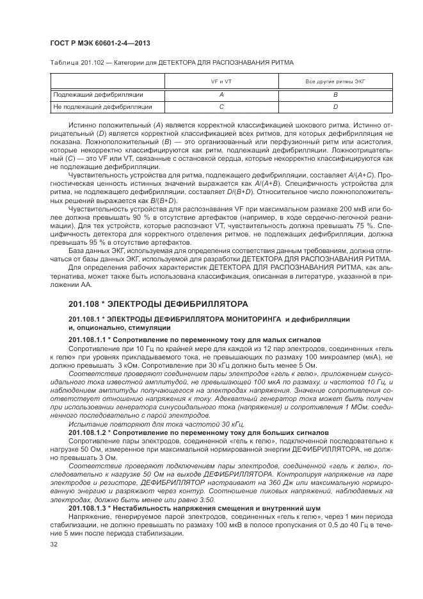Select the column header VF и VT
tap(221, 82)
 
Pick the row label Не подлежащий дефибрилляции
tap(103, 106)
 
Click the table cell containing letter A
tap(221, 94)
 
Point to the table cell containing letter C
tap(221, 106)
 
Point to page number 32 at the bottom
tap(54, 544)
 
